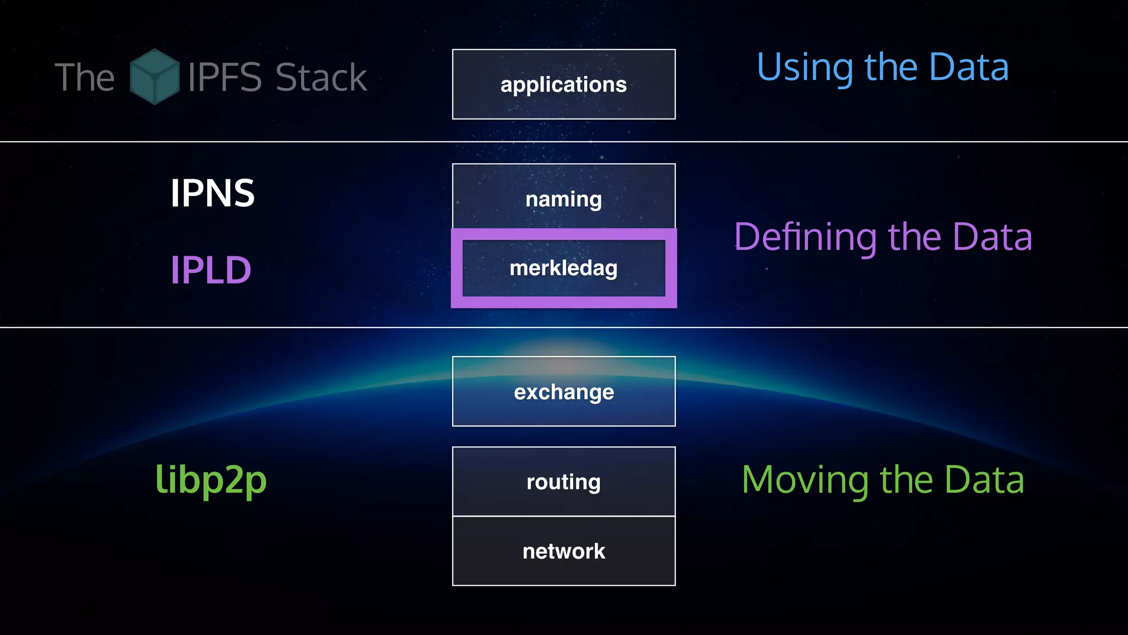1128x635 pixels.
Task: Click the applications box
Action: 563,84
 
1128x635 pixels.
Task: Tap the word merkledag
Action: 563,268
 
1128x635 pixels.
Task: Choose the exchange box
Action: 563,392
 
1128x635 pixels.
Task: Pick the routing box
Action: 563,482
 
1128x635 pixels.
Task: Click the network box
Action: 563,551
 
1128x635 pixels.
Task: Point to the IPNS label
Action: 212,193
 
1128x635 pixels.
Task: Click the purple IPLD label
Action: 210,270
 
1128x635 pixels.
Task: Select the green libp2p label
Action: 211,480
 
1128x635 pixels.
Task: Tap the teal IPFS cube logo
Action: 154,77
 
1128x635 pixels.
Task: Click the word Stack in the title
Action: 321,77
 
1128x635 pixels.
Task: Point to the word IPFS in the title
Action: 225,77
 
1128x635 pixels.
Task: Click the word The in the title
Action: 85,77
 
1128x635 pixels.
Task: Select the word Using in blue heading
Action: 805,67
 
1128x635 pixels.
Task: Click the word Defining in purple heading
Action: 805,237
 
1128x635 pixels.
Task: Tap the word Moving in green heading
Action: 805,480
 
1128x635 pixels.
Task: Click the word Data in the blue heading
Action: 969,67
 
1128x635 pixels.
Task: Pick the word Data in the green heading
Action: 984,480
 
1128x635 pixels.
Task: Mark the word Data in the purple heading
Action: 992,237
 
